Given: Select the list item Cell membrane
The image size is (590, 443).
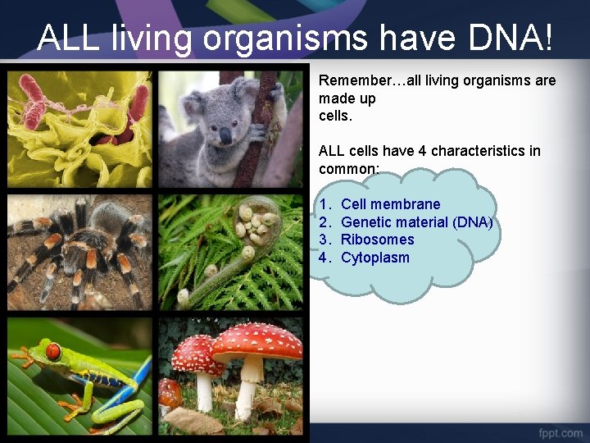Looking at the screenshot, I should click(x=390, y=204).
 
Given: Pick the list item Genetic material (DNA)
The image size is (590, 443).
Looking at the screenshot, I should click(x=416, y=222).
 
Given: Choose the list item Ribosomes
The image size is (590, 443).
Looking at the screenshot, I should click(x=377, y=240).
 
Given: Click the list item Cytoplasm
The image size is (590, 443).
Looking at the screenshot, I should click(x=374, y=258).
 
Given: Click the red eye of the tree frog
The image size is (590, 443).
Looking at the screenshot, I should click(x=53, y=352).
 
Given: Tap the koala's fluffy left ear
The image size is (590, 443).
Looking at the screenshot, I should click(x=193, y=103).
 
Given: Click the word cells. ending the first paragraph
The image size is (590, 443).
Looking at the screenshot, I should click(x=335, y=116).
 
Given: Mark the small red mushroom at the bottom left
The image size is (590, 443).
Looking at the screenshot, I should click(x=169, y=391).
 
